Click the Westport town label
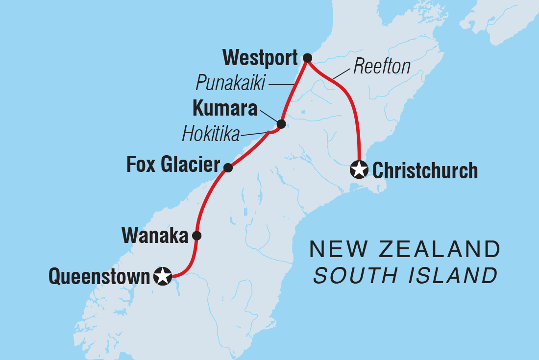(x=260, y=58)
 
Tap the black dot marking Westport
(x=307, y=58)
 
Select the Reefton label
(x=382, y=67)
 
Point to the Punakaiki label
(x=230, y=84)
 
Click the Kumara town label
(x=225, y=109)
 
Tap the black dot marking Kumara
(x=281, y=124)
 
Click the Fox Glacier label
(x=173, y=166)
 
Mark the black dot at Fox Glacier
(x=228, y=168)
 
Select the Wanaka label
(x=155, y=236)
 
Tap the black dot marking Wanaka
(x=196, y=236)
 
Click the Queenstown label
(x=98, y=277)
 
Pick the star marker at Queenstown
(x=162, y=276)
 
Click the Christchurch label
(x=425, y=171)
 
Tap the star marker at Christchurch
(x=359, y=170)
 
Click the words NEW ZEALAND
(x=405, y=250)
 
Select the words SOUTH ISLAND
(x=405, y=276)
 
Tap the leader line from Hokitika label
(x=255, y=133)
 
